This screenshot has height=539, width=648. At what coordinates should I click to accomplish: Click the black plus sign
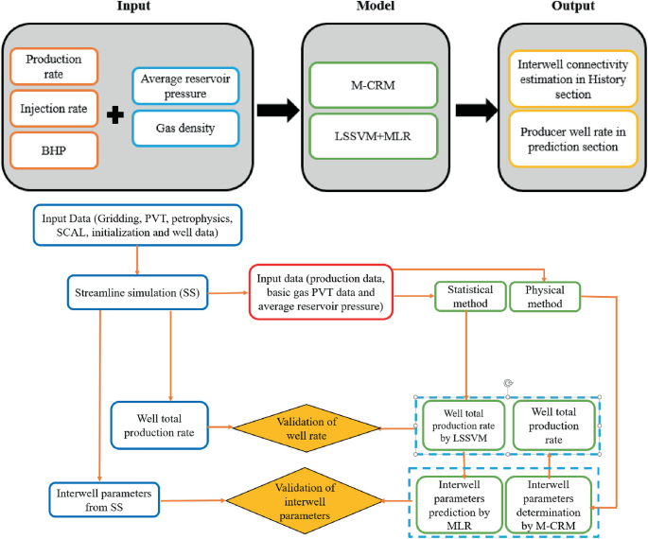click(115, 117)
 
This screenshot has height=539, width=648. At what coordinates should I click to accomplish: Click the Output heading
click(572, 7)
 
